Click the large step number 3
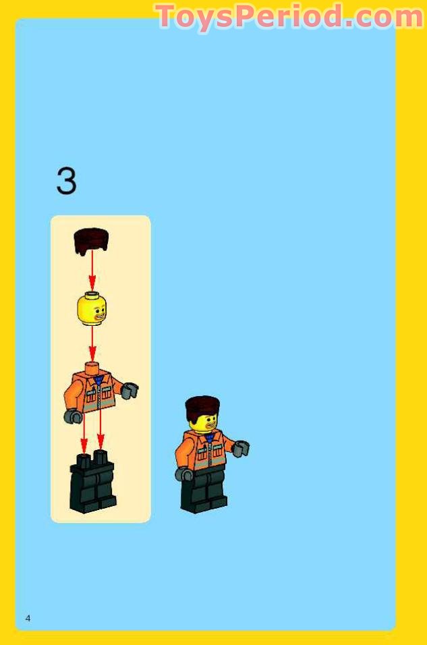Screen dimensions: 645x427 click(x=66, y=181)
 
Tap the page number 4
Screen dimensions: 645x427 click(x=28, y=618)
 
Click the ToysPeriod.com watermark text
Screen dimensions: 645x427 click(x=290, y=17)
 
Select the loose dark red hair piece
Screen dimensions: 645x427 click(x=91, y=241)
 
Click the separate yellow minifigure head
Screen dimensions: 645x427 click(x=92, y=309)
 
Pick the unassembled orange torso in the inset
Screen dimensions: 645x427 click(x=95, y=391)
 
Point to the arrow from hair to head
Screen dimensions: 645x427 click(x=92, y=273)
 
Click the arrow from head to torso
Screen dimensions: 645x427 click(x=92, y=344)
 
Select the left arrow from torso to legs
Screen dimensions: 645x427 click(x=84, y=432)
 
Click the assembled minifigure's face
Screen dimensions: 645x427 click(x=204, y=422)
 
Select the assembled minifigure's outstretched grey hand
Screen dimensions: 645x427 click(x=241, y=448)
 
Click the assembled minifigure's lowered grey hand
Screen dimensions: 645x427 click(x=184, y=474)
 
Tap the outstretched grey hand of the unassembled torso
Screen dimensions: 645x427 click(x=130, y=390)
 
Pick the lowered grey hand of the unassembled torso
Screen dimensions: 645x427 click(x=72, y=416)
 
